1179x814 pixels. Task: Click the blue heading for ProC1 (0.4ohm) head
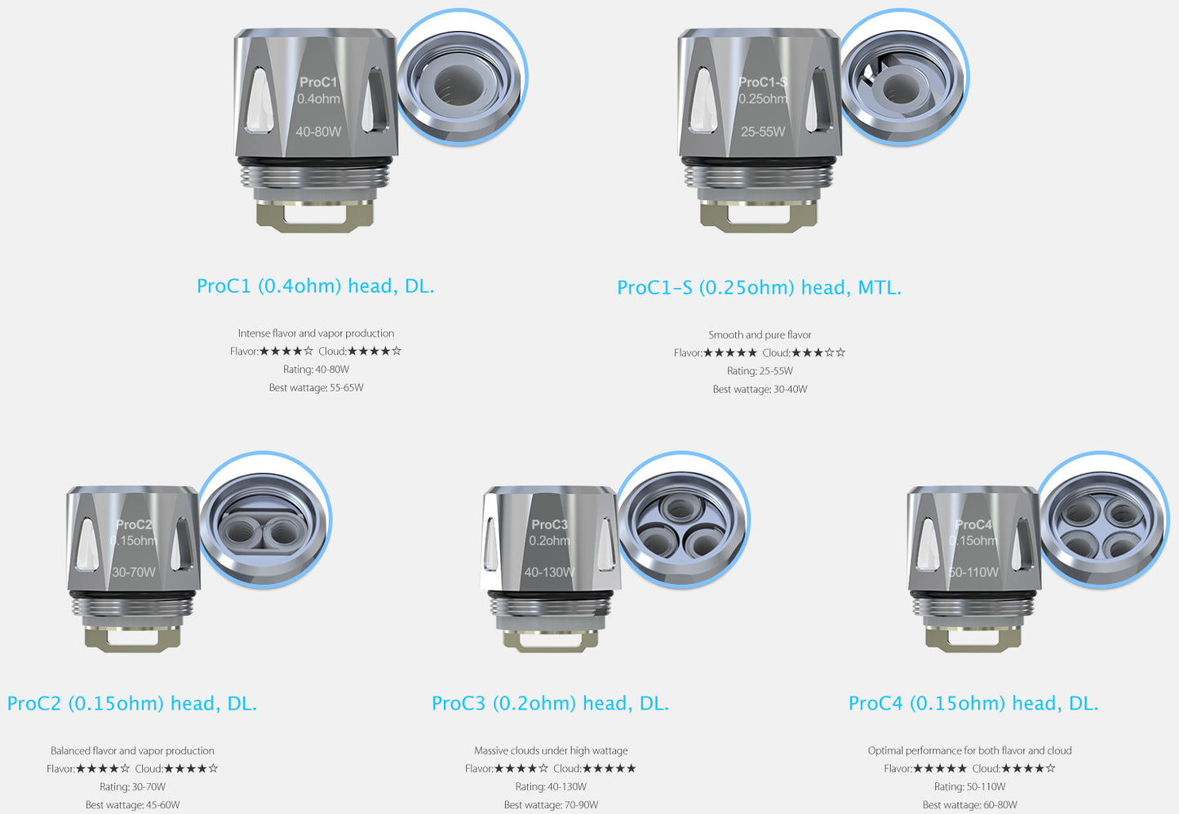pos(315,286)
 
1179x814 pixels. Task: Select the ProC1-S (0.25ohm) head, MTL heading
pos(759,288)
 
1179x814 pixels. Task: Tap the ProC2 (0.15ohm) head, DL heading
pos(131,704)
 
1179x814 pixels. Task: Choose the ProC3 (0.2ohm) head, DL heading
pos(550,704)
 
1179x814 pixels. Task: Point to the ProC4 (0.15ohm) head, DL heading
pos(973,704)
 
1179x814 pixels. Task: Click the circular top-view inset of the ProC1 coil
pos(460,78)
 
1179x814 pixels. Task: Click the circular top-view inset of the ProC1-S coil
pos(903,78)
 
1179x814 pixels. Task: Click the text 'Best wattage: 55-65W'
pos(316,388)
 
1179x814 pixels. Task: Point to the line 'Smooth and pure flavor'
pos(760,335)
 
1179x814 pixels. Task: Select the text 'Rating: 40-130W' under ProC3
pos(551,787)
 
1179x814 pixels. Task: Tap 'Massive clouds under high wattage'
pos(551,751)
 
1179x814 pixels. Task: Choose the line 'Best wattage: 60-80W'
pos(969,805)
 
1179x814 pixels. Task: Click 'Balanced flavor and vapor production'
pos(132,751)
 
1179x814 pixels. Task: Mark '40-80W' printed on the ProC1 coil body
pos(318,132)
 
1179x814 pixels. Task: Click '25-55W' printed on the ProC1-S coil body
pos(763,132)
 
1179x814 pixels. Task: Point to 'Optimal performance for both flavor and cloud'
pos(969,751)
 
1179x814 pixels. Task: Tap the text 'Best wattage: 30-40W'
pos(760,390)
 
